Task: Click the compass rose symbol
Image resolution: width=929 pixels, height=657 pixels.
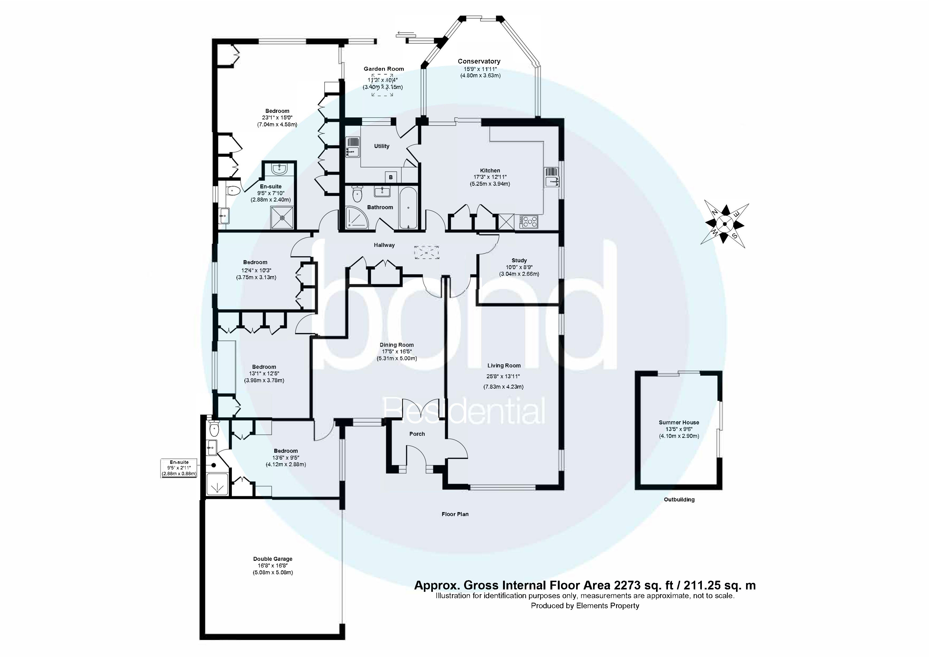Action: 724,224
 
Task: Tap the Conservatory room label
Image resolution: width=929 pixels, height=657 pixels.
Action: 479,61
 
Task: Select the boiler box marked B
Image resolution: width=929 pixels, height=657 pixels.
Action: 391,177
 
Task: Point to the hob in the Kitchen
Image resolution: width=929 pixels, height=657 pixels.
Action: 530,221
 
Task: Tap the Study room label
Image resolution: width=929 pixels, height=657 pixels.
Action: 519,261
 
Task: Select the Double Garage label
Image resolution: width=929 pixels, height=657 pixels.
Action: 273,559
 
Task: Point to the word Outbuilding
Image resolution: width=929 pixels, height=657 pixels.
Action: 679,500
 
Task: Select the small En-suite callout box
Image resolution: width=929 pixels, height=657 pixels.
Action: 179,468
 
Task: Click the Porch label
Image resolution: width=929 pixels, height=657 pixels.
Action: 417,434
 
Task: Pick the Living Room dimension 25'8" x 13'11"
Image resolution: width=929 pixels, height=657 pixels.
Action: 503,376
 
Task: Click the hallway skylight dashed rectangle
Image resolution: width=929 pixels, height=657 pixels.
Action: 427,252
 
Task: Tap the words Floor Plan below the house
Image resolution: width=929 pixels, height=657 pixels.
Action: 455,514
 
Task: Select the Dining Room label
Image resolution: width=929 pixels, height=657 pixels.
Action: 397,345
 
